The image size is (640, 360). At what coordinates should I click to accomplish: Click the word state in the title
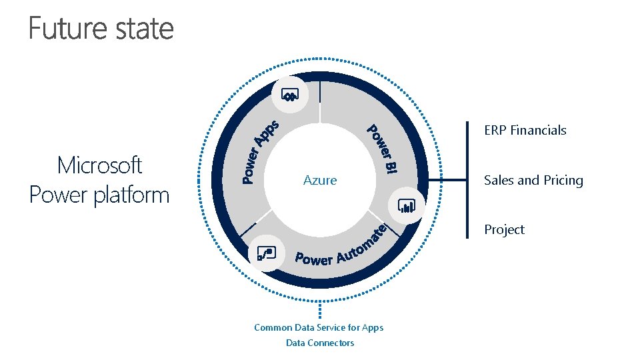[143, 29]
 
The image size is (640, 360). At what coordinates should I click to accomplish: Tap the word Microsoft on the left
[100, 165]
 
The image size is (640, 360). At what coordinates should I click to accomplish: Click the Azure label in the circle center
[320, 180]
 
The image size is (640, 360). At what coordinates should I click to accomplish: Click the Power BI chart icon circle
[407, 206]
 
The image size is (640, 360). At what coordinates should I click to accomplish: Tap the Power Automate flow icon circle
[266, 253]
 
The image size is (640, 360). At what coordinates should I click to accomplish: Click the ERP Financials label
[525, 131]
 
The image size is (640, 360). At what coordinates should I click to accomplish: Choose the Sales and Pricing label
[533, 180]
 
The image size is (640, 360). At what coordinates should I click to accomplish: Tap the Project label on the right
[504, 229]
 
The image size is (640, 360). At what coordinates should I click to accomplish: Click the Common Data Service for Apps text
[319, 327]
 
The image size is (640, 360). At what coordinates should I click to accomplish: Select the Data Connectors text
[320, 343]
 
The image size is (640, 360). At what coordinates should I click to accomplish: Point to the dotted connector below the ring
[321, 308]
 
